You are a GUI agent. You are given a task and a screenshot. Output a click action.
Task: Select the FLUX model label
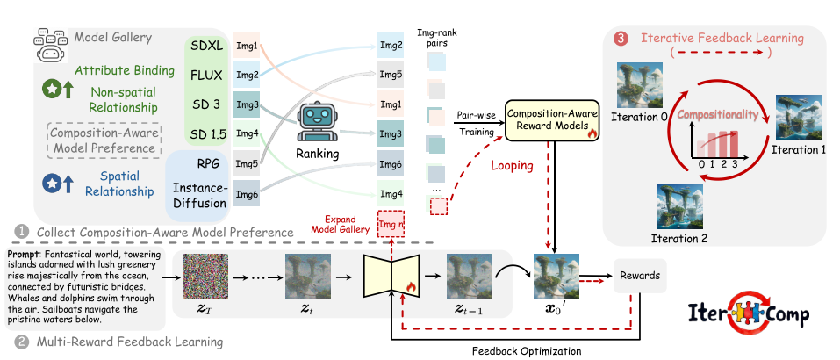pos(207,75)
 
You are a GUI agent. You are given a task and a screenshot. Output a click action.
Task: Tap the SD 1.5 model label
pos(207,133)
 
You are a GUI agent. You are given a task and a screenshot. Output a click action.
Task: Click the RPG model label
pos(207,163)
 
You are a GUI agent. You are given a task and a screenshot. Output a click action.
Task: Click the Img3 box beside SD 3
pos(248,105)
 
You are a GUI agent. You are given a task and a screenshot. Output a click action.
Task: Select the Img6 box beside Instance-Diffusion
pos(248,194)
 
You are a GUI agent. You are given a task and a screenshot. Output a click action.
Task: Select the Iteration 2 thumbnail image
pos(679,204)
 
